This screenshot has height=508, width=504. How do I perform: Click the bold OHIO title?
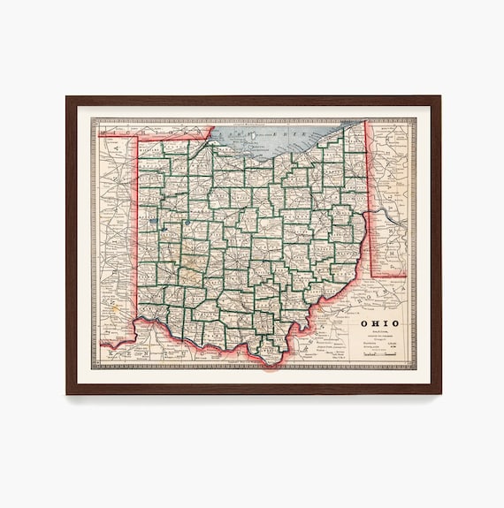(x=379, y=322)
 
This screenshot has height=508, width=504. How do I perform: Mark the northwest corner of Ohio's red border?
(x=134, y=138)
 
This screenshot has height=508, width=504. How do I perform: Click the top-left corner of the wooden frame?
(x=66, y=96)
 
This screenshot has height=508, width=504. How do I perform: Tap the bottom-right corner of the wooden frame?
(x=440, y=393)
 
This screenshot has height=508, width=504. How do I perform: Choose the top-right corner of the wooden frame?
(x=440, y=96)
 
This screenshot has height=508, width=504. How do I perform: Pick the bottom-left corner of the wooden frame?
(x=66, y=393)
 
